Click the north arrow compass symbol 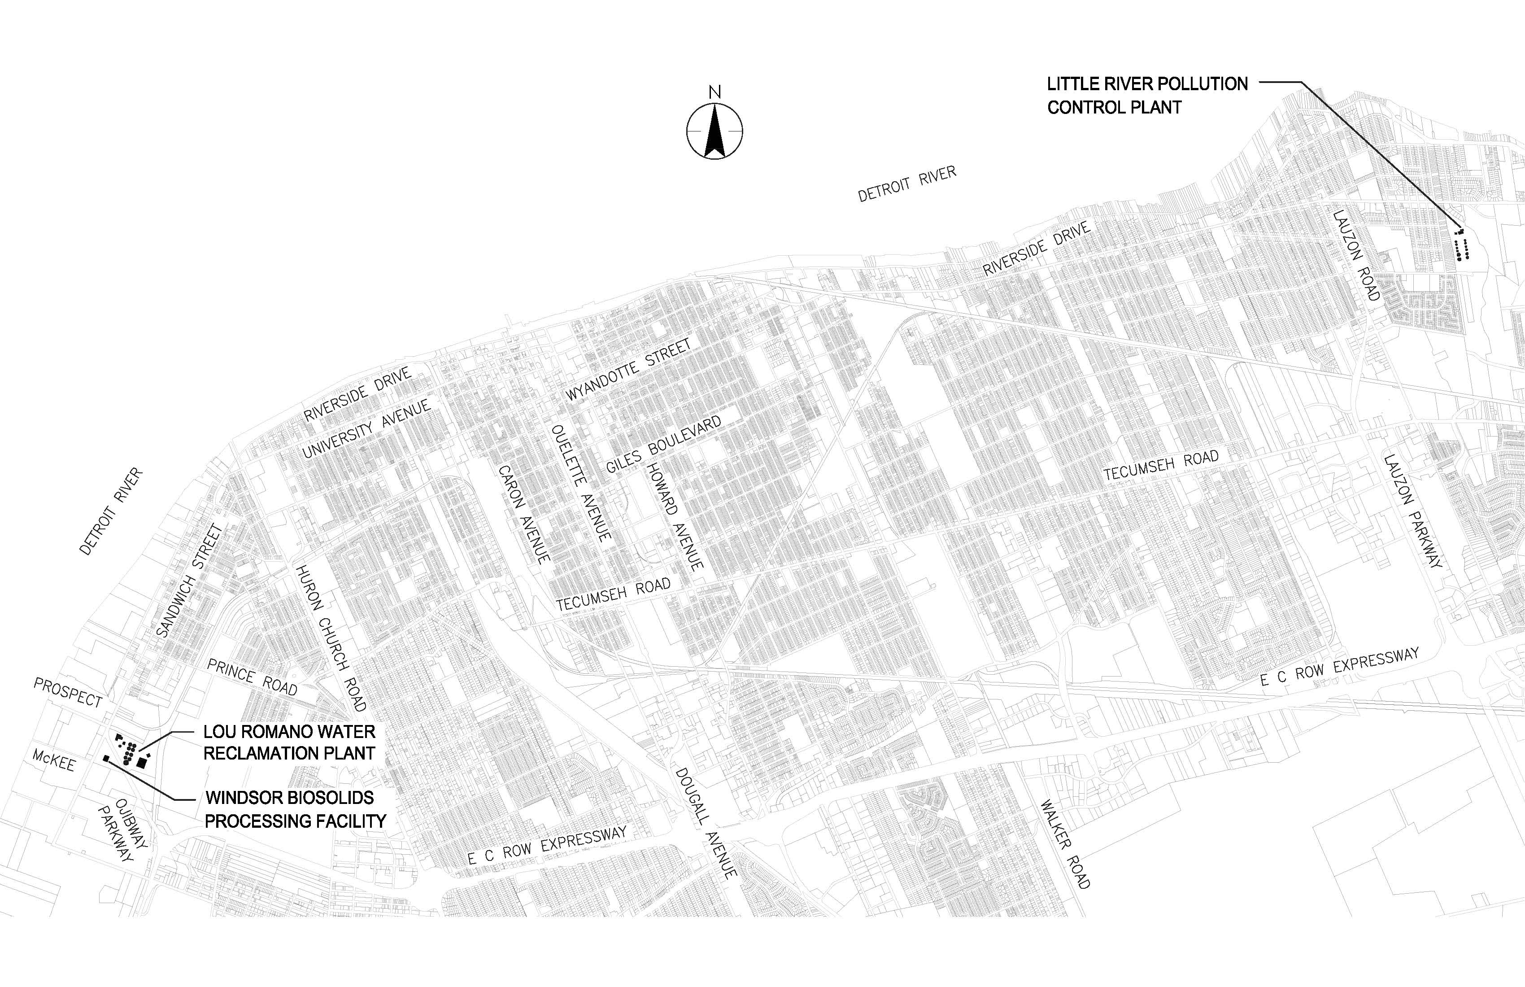coord(715,130)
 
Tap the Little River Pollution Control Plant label coord(1147,96)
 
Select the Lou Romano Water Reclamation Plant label coord(289,742)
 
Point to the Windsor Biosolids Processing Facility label coord(296,809)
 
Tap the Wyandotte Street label coord(628,370)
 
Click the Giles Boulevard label coord(663,444)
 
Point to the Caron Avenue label coord(523,514)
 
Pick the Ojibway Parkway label coord(122,831)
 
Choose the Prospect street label coord(68,693)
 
